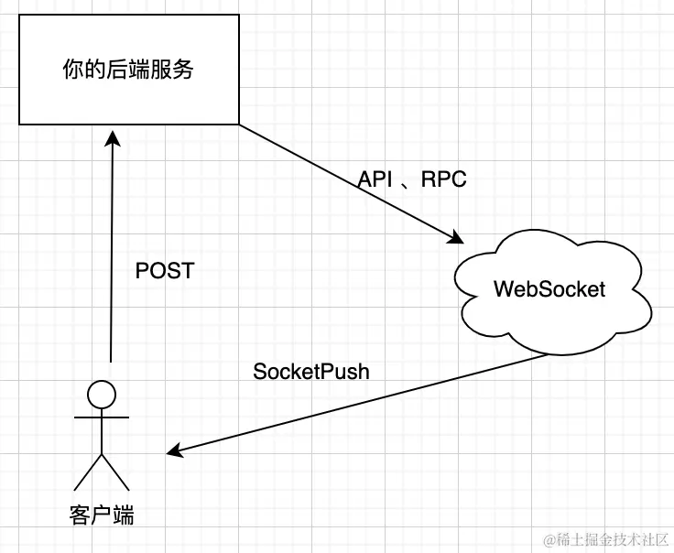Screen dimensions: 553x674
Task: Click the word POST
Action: pyautogui.click(x=165, y=270)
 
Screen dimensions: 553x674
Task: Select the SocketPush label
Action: pyautogui.click(x=311, y=372)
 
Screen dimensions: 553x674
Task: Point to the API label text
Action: pyautogui.click(x=375, y=179)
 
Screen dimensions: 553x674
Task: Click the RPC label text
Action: pyautogui.click(x=444, y=179)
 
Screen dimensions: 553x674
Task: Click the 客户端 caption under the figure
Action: pyautogui.click(x=101, y=515)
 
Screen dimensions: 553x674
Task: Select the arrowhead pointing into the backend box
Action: pyautogui.click(x=112, y=134)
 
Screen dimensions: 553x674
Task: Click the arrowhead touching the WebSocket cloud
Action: pyautogui.click(x=456, y=238)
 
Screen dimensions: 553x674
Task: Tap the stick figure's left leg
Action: pyautogui.click(x=88, y=472)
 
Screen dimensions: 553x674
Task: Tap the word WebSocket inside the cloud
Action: pyautogui.click(x=549, y=289)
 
